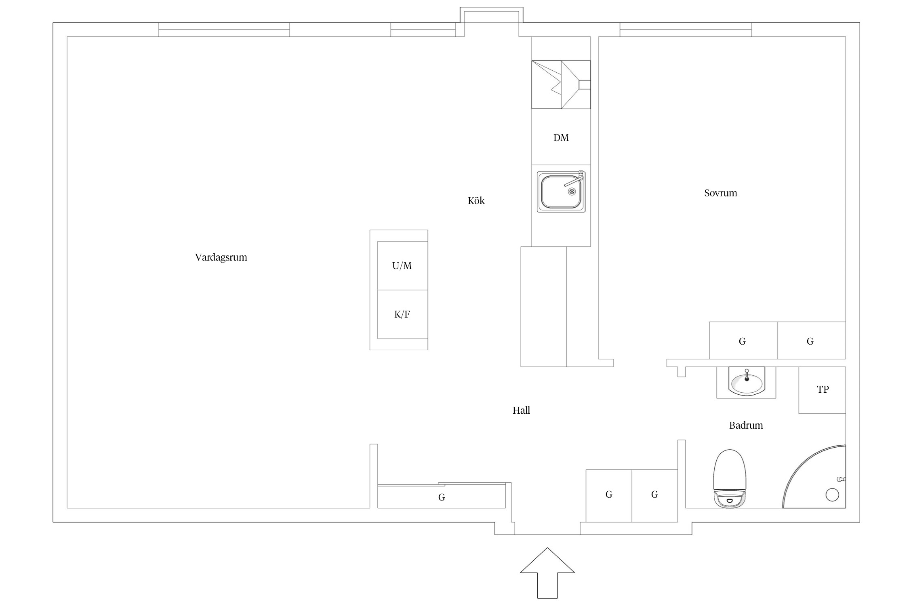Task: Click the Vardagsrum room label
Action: pyautogui.click(x=221, y=258)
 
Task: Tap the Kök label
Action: pyautogui.click(x=476, y=200)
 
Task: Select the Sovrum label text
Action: pyautogui.click(x=720, y=193)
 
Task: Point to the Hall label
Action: pyautogui.click(x=521, y=410)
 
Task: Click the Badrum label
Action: pyautogui.click(x=746, y=425)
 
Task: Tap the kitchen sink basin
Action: pyautogui.click(x=561, y=192)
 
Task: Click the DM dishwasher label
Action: pyautogui.click(x=561, y=138)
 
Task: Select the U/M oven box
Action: pyautogui.click(x=402, y=265)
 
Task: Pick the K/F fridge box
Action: pyautogui.click(x=402, y=314)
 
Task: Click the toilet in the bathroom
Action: pyautogui.click(x=729, y=478)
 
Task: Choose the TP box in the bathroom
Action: pyautogui.click(x=822, y=390)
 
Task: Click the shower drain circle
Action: pyautogui.click(x=832, y=495)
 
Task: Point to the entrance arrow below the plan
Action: pyautogui.click(x=547, y=573)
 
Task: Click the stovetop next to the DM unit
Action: pyautogui.click(x=561, y=85)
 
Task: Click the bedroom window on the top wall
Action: pyautogui.click(x=686, y=30)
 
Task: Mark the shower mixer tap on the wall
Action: pyautogui.click(x=842, y=479)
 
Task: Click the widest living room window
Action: pyautogui.click(x=224, y=30)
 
